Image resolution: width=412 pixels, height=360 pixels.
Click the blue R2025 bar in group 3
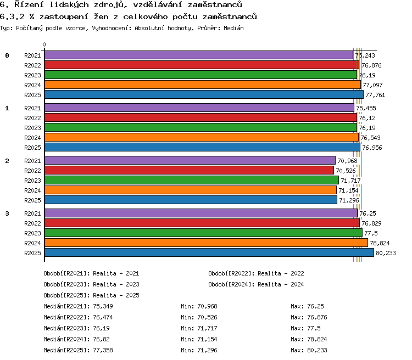click(209, 252)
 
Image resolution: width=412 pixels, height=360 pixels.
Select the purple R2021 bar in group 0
click(199, 55)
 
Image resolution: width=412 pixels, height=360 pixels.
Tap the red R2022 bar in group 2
click(189, 171)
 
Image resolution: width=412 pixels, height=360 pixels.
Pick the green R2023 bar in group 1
click(201, 128)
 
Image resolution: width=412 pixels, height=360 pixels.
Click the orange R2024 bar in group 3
click(206, 243)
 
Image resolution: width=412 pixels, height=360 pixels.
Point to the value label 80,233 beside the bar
click(386, 253)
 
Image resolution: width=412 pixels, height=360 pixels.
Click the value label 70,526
click(346, 171)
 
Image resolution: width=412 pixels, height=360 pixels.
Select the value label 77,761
click(375, 95)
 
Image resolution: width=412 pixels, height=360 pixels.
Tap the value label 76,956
click(372, 148)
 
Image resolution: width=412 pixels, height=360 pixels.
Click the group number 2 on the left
click(7, 161)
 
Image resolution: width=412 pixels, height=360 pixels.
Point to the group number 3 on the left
click(7, 213)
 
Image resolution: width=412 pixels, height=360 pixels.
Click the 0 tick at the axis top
click(44, 44)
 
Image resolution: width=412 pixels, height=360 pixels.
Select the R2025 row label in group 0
click(32, 95)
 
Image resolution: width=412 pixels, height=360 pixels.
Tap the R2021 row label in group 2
click(32, 161)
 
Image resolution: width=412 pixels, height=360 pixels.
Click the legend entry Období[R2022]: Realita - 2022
click(256, 274)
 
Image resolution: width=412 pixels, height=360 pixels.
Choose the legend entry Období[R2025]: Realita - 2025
click(91, 295)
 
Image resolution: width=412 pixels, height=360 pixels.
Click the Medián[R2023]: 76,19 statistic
click(77, 328)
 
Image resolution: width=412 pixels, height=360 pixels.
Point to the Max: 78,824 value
click(309, 339)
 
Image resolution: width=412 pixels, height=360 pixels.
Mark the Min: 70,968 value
click(199, 306)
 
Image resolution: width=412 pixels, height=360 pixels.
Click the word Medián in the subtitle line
click(233, 28)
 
